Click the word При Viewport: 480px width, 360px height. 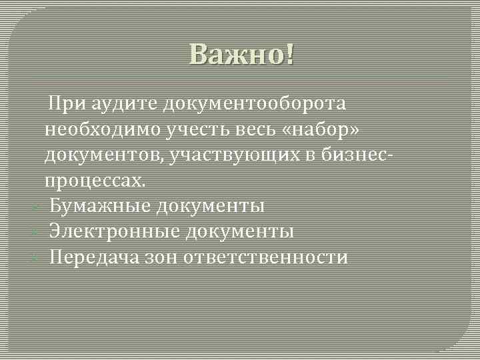(67, 104)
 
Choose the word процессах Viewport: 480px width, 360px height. (94, 181)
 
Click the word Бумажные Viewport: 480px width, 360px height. (100, 206)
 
